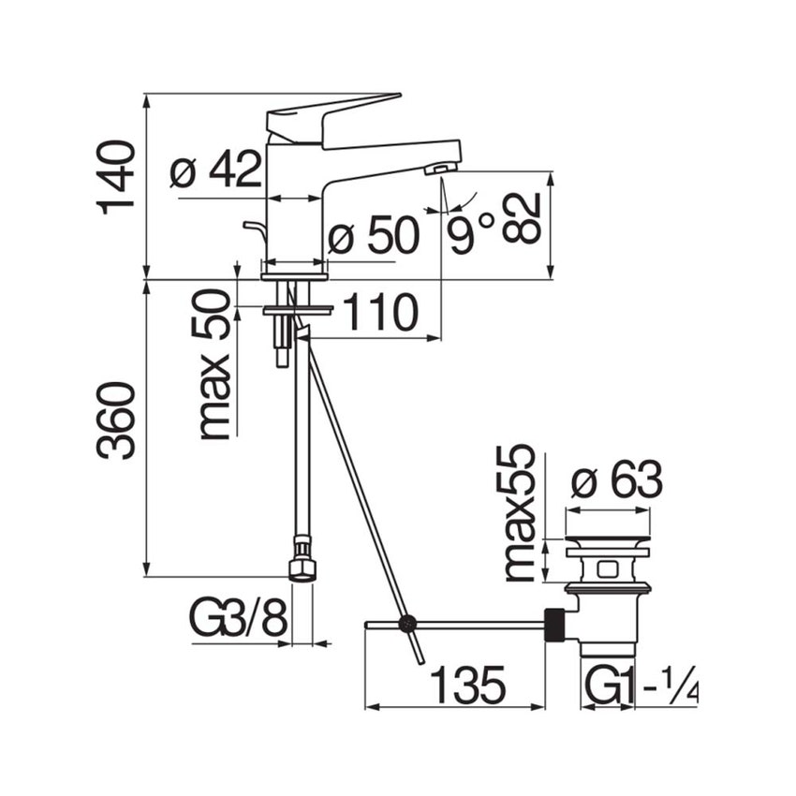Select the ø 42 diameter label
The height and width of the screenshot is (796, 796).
tap(216, 170)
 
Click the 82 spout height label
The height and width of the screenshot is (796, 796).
tap(523, 218)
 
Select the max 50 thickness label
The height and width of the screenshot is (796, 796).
tap(214, 364)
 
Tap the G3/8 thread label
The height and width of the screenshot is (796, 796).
tap(238, 618)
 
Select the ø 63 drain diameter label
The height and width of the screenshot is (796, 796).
tap(617, 481)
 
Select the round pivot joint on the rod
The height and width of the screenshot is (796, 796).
tap(406, 623)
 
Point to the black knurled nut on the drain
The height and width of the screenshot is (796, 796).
tap(555, 625)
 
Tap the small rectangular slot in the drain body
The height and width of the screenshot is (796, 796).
tap(607, 568)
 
